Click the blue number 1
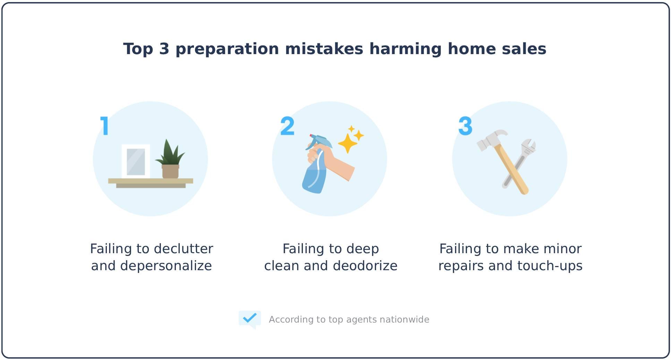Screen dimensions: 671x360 [x=105, y=126]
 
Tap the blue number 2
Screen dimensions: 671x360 [x=287, y=126]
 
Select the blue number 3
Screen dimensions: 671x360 [x=465, y=126]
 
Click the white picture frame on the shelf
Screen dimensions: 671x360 [x=136, y=161]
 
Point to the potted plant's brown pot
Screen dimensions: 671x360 [x=170, y=171]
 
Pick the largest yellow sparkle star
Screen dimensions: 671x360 [x=347, y=143]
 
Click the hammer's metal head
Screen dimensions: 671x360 [x=491, y=139]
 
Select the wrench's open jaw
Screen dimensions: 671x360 [x=529, y=146]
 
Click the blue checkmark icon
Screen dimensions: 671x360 [x=249, y=318]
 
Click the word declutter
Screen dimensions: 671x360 [x=183, y=249]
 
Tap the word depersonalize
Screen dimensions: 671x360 [x=166, y=266]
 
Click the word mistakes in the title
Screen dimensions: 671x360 [x=324, y=49]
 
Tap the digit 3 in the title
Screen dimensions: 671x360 [x=164, y=49]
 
